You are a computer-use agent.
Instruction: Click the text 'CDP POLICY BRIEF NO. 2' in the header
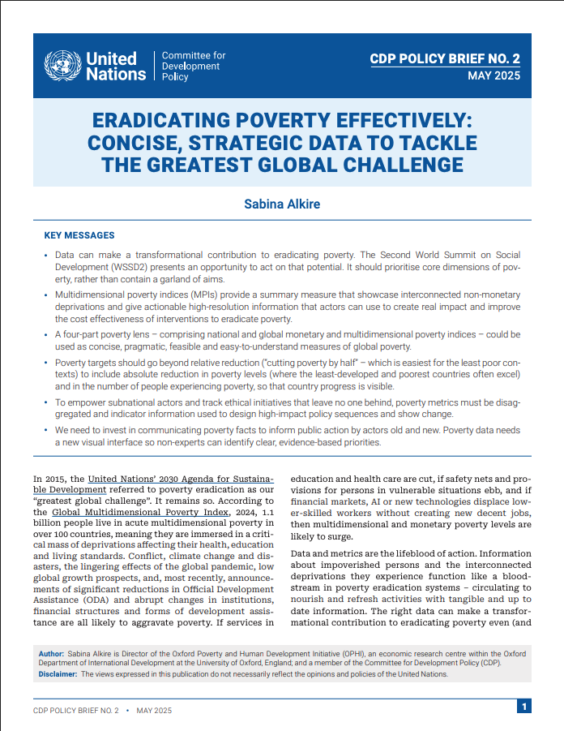coord(444,58)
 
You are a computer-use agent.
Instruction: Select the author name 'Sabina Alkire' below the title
coord(282,204)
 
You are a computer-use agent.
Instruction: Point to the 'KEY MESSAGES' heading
coord(79,235)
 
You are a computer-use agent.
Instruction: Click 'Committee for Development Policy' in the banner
coord(194,66)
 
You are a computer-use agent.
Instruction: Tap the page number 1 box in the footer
coord(525,706)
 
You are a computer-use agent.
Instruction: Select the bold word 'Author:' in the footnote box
coord(51,653)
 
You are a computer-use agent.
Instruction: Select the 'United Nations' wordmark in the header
coord(111,66)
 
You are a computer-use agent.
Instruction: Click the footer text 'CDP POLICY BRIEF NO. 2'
coord(75,710)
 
